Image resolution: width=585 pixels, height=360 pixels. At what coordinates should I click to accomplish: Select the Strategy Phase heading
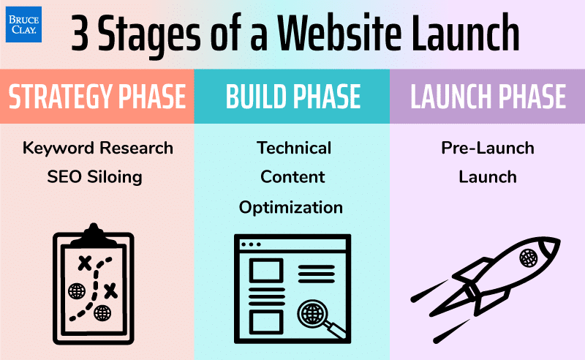tap(97, 97)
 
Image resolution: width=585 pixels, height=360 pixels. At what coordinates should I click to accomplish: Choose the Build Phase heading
tap(292, 97)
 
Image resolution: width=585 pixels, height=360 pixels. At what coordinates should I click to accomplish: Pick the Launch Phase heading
tap(488, 97)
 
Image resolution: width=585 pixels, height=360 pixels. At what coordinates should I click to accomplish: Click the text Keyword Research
tap(98, 149)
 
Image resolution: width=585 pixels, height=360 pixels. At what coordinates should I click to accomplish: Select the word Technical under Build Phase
tap(293, 149)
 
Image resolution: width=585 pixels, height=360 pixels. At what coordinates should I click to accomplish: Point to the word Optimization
tap(291, 207)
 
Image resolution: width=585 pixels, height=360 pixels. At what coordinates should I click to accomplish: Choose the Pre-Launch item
tap(487, 149)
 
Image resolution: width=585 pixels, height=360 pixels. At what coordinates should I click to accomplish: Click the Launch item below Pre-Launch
tap(487, 177)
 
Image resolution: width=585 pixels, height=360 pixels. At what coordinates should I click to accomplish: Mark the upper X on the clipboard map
tap(86, 262)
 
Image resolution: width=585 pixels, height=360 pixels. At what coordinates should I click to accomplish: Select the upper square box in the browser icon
tap(266, 270)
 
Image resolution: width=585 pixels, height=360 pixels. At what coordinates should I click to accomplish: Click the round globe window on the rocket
tap(528, 258)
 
